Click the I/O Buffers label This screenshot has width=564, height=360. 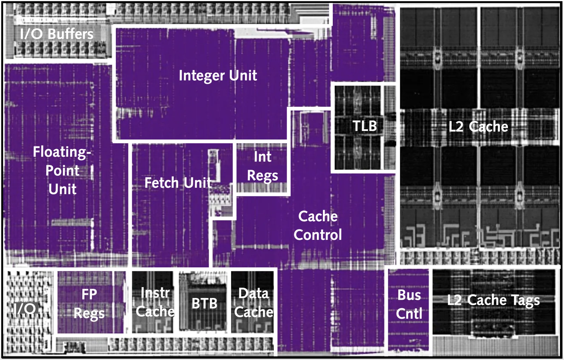pyautogui.click(x=57, y=34)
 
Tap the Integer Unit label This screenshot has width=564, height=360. pyautogui.click(x=218, y=75)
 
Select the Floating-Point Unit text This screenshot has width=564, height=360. pyautogui.click(x=62, y=170)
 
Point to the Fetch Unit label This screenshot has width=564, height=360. pyautogui.click(x=178, y=182)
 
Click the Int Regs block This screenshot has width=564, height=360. pyautogui.click(x=262, y=168)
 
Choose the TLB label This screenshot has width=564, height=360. pyautogui.click(x=364, y=126)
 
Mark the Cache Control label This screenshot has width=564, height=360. pyautogui.click(x=318, y=225)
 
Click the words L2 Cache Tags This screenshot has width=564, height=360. pyautogui.click(x=493, y=300)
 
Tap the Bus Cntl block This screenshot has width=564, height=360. pyautogui.click(x=409, y=309)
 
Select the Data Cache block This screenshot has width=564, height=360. pyautogui.click(x=252, y=302)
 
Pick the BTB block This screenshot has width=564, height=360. pyautogui.click(x=203, y=302)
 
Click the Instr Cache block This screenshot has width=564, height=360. pyautogui.click(x=153, y=302)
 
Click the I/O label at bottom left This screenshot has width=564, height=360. pyautogui.click(x=25, y=309)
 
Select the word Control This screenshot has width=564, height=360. pyautogui.click(x=318, y=235)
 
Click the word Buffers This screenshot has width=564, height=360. pyautogui.click(x=71, y=34)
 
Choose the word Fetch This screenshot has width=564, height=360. pyautogui.click(x=161, y=182)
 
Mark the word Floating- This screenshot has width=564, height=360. pyautogui.click(x=62, y=152)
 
